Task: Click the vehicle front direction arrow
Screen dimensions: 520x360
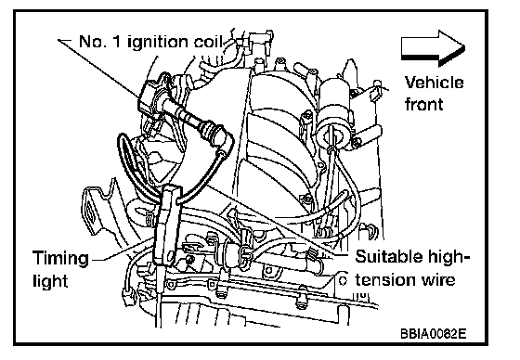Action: (433, 48)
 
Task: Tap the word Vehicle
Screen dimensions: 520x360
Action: (434, 83)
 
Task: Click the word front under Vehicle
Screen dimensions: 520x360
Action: (423, 104)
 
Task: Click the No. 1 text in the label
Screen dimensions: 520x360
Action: (100, 41)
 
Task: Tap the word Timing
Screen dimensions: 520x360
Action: (61, 259)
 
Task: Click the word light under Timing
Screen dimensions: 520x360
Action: (50, 280)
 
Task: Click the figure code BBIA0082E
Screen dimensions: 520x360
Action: (434, 333)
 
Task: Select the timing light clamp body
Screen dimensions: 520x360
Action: (167, 225)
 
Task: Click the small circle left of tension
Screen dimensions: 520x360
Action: (344, 280)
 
